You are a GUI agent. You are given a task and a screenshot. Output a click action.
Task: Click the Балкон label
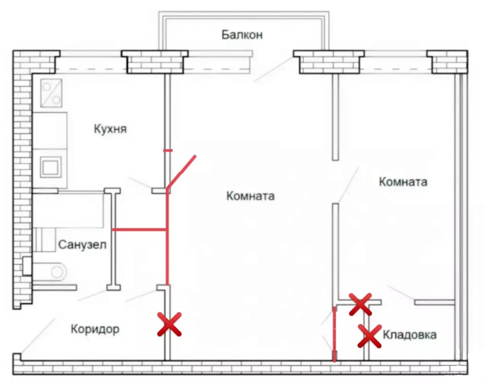tap(242, 35)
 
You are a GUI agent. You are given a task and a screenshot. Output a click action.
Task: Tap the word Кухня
tap(110, 129)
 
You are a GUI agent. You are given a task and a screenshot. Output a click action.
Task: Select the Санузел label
tap(82, 244)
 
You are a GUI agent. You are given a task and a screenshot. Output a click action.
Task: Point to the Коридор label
tap(95, 329)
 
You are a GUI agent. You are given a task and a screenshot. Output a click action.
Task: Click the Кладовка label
tap(409, 334)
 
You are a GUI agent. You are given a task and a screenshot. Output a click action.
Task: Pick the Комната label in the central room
tap(250, 196)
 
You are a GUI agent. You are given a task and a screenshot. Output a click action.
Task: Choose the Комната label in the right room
tap(403, 182)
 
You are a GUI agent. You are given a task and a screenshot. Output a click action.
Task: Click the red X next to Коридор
tap(169, 324)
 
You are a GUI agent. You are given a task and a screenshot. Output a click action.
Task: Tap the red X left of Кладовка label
tap(369, 336)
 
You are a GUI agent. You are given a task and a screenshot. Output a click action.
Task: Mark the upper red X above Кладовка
tap(360, 304)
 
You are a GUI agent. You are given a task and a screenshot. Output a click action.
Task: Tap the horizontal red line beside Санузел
tap(140, 229)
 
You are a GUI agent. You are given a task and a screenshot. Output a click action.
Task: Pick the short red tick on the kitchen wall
tap(168, 150)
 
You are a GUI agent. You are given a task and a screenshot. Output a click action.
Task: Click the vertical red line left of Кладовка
tap(334, 333)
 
